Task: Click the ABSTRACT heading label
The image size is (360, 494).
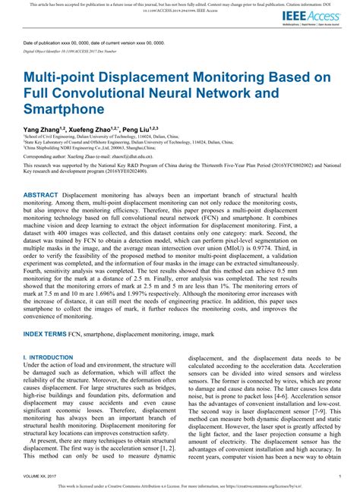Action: pyautogui.click(x=47, y=194)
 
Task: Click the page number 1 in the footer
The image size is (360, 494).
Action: pyautogui.click(x=339, y=476)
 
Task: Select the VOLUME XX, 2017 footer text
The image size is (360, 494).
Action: pyautogui.click(x=39, y=476)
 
